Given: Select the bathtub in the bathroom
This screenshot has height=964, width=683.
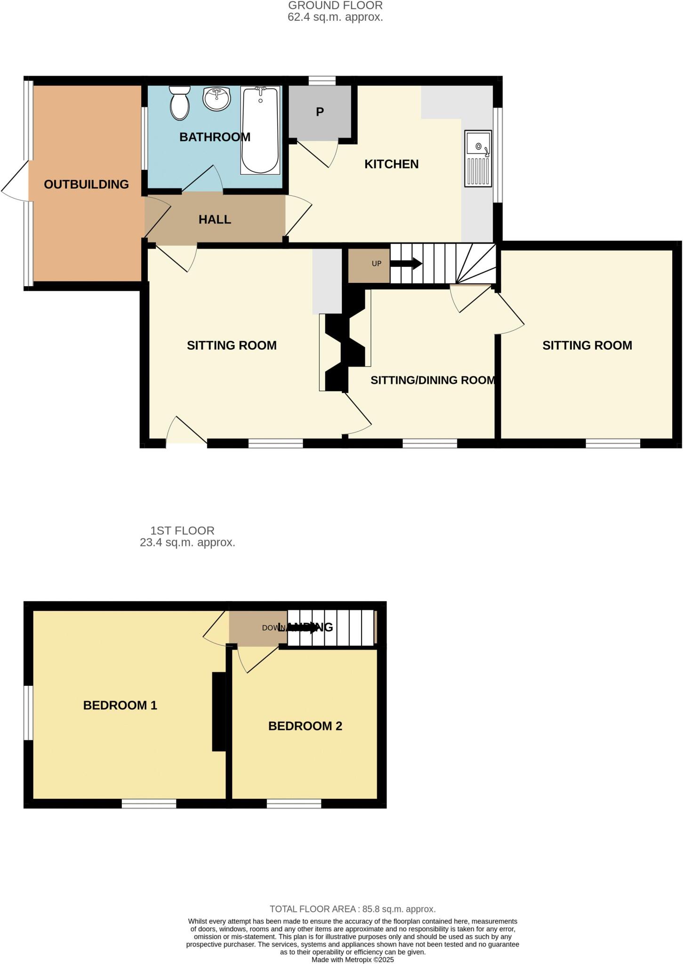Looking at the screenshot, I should point(260,130).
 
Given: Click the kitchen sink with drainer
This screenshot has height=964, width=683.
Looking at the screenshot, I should point(478,158).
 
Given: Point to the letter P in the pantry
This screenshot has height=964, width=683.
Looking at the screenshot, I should point(320,112).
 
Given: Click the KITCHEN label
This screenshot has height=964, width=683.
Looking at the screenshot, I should point(391,164).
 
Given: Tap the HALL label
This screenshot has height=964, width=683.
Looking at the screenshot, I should point(215,219).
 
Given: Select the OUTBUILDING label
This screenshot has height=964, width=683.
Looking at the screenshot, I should point(86,185).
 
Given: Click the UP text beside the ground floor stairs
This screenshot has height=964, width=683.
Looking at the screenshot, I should point(377,264).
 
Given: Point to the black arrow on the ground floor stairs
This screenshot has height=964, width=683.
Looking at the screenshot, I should point(406,264).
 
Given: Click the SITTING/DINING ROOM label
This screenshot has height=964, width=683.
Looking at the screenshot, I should point(433,380).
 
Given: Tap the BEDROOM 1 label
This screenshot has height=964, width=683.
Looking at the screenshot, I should point(120,705).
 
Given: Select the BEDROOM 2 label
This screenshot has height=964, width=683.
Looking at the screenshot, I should point(305,726).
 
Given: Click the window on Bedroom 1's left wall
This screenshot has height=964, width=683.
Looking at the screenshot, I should point(28,713).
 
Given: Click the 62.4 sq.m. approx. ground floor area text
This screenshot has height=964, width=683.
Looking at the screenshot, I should point(335,17).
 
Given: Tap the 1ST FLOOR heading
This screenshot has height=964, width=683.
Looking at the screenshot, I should point(182,530).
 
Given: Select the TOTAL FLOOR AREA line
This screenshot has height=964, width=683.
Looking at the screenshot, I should point(353,909).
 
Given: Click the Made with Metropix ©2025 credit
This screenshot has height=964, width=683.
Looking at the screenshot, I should point(353,959).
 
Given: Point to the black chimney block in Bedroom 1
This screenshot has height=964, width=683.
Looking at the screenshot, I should point(219,711).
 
